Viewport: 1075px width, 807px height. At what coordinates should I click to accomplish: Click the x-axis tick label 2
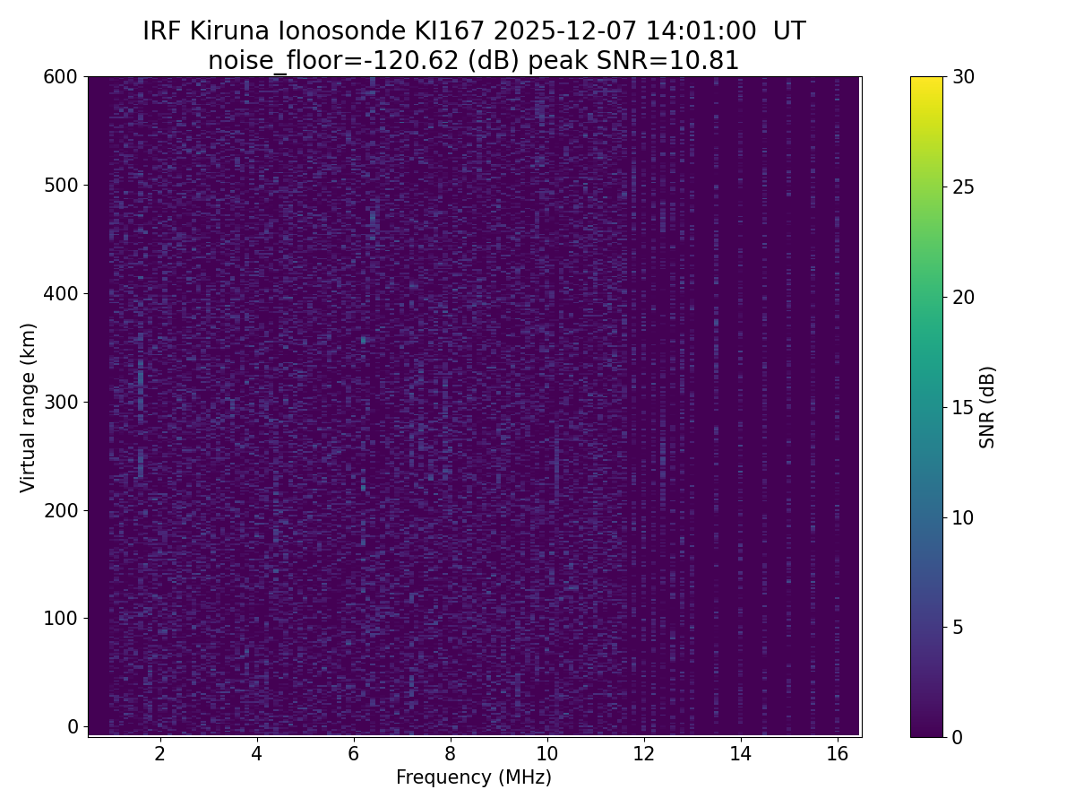click(160, 754)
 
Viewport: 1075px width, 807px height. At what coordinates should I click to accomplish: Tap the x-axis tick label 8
click(450, 754)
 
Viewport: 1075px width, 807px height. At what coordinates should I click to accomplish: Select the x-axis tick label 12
click(644, 754)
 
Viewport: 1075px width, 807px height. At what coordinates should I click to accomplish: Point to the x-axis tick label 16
click(837, 754)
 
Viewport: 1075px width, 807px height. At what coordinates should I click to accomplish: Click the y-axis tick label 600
click(61, 77)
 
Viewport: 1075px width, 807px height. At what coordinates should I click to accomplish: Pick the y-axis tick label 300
click(61, 402)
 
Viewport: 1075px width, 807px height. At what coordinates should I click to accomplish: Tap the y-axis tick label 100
click(61, 618)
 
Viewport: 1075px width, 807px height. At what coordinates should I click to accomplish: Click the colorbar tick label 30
click(964, 77)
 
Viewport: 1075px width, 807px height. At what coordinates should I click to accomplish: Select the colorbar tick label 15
click(964, 407)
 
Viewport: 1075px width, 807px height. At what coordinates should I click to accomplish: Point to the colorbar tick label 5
click(958, 627)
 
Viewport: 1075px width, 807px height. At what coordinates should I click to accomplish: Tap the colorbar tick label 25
click(964, 187)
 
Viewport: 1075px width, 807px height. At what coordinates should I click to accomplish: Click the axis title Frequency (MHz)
click(474, 777)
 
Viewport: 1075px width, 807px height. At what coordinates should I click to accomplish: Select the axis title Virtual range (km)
click(29, 407)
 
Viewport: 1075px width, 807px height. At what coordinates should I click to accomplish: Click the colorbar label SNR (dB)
click(987, 407)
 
